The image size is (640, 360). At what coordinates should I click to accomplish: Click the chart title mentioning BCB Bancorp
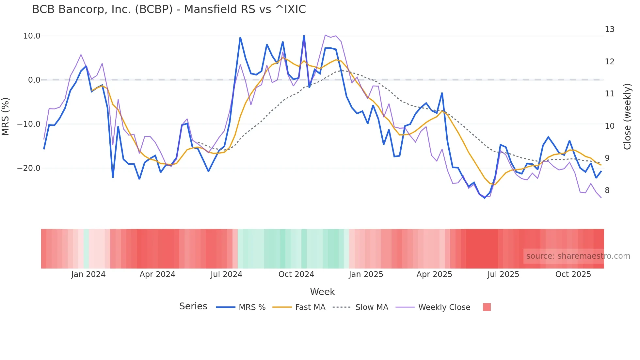pos(169,9)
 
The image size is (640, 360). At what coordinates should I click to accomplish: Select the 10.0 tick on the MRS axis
pos(32,36)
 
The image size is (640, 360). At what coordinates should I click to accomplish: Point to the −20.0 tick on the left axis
pos(29,168)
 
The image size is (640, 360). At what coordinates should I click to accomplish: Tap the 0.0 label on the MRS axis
pos(34,80)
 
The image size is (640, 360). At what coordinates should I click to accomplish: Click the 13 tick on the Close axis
pos(609,29)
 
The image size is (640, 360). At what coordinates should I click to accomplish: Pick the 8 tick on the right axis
pos(607,190)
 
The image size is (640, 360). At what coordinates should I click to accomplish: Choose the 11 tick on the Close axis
pos(609,94)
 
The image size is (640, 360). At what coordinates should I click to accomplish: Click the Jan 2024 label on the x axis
pos(88,274)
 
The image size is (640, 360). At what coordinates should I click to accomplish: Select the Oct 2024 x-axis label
pos(296,274)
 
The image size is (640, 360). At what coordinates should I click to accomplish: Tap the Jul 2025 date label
pos(503,274)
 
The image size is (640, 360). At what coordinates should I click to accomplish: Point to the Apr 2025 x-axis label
pos(434,274)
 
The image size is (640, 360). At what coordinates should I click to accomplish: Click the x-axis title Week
pos(322,292)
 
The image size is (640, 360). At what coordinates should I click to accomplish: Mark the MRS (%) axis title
pos(6,116)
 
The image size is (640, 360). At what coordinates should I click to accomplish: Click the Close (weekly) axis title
pos(627,117)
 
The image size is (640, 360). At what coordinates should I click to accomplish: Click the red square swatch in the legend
pos(487,307)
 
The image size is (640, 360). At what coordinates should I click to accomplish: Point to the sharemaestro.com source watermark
pos(578,256)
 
